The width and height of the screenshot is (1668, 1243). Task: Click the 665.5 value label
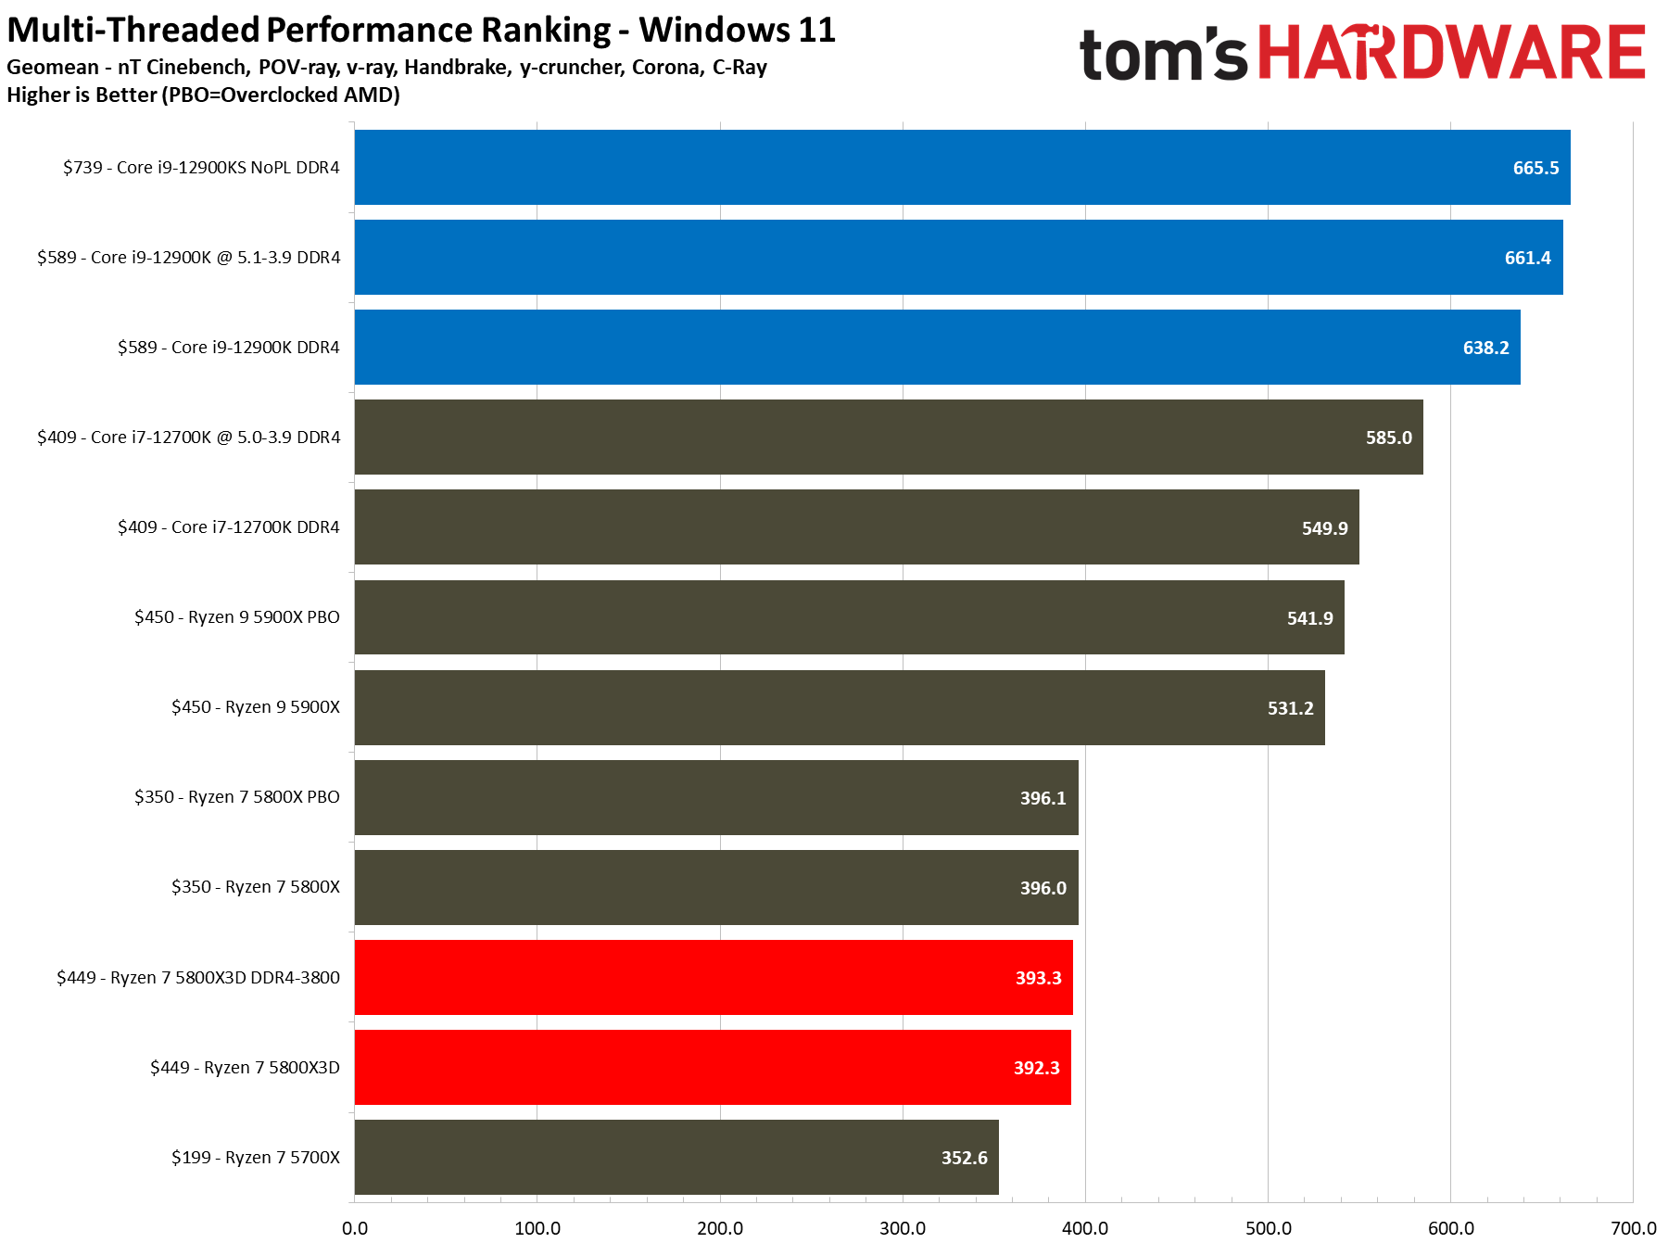(x=1535, y=168)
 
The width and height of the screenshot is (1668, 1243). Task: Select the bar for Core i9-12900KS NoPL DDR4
(x=927, y=168)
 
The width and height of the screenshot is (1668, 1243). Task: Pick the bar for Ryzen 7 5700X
(x=676, y=1157)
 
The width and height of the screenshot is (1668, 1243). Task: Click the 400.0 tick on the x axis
(x=1085, y=1228)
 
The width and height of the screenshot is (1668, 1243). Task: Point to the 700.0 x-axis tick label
(x=1633, y=1228)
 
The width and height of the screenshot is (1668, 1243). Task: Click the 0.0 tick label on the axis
(x=355, y=1228)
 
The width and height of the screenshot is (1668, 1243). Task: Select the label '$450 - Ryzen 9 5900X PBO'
(x=237, y=617)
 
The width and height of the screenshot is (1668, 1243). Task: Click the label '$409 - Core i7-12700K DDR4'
(x=229, y=527)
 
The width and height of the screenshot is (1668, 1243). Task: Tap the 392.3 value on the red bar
(x=1036, y=1068)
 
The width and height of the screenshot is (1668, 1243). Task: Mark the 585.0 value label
(x=1388, y=438)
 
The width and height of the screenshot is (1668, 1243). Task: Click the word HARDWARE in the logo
(x=1450, y=53)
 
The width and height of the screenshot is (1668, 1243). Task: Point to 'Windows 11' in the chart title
(x=738, y=30)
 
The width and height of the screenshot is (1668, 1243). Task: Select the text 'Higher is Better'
(x=82, y=95)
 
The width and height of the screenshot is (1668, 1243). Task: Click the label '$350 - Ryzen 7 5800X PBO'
(x=237, y=797)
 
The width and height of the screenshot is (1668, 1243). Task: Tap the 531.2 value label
(x=1290, y=708)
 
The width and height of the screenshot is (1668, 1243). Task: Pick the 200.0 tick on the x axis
(x=720, y=1228)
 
